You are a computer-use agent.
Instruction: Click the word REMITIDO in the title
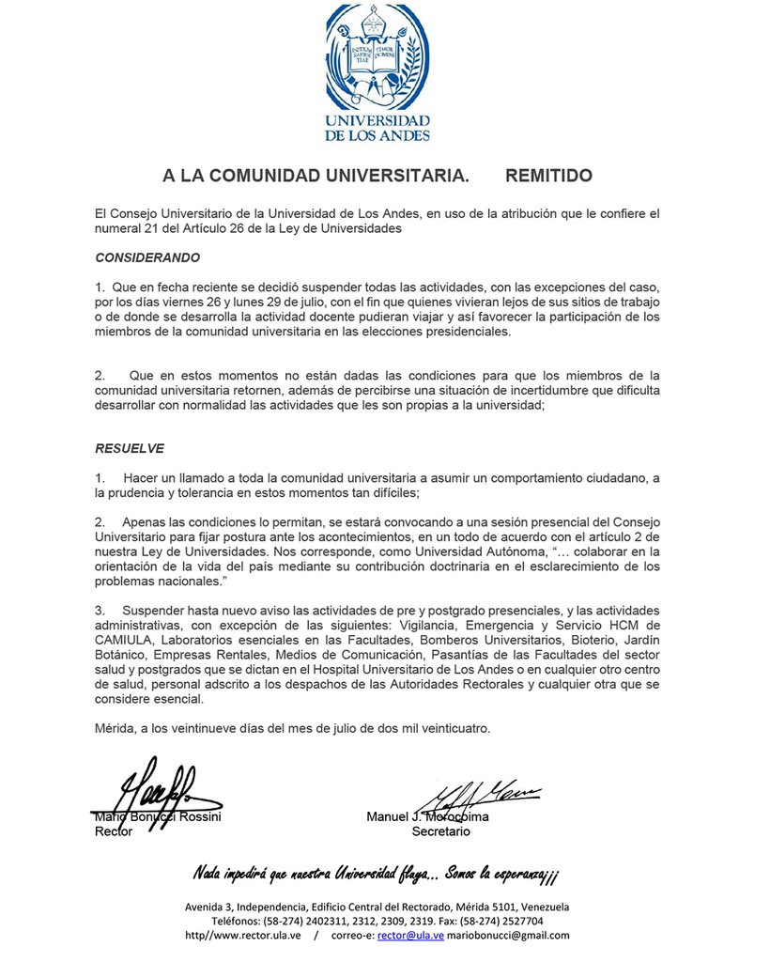tap(548, 176)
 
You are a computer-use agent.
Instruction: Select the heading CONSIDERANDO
tap(147, 256)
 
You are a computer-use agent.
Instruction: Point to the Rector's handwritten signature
tap(150, 793)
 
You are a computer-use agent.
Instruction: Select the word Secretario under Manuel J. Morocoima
tap(440, 831)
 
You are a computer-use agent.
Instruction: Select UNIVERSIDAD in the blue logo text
tap(377, 121)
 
